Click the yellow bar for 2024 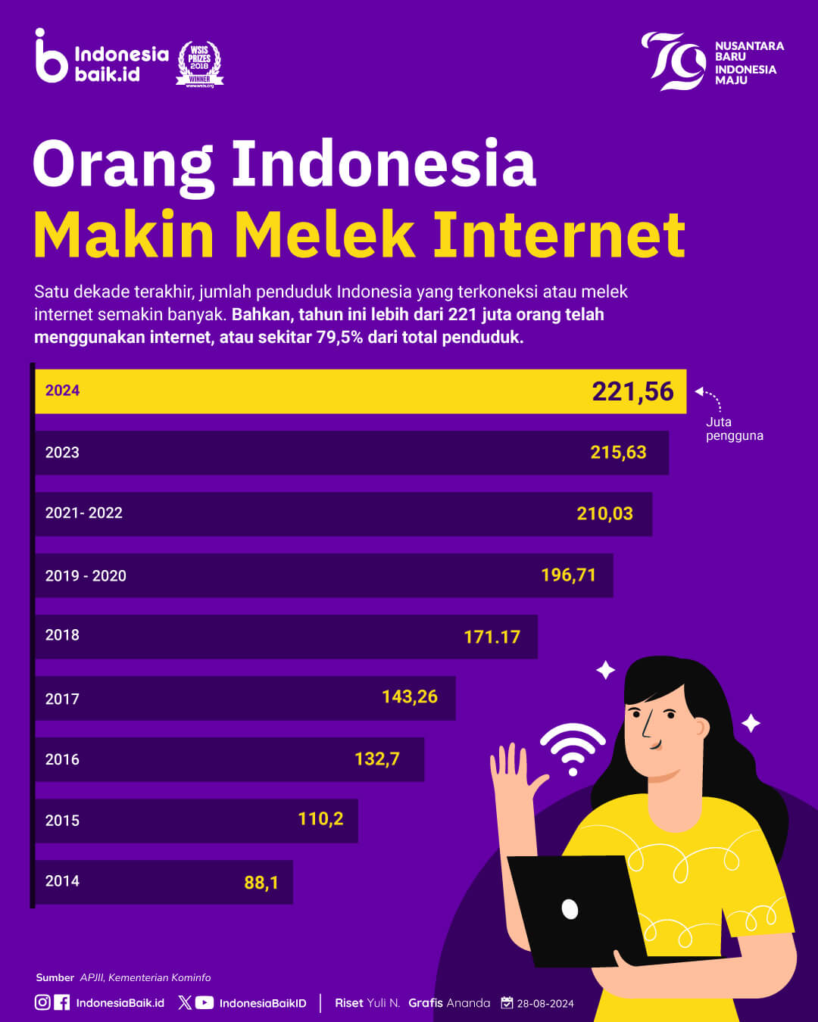[361, 391]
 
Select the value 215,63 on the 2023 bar [618, 453]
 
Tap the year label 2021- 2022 [83, 513]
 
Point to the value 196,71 [569, 575]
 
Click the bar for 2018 [286, 637]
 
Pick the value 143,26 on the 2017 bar [410, 696]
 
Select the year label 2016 [62, 759]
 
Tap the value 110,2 [321, 819]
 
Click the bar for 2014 [164, 882]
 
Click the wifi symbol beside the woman [573, 749]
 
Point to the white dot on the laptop [570, 909]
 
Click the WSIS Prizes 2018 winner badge [200, 64]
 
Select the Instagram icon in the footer [42, 1002]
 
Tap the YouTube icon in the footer [204, 1002]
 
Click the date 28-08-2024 [545, 1004]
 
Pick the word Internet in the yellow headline [560, 235]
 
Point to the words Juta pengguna [735, 428]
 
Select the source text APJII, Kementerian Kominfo [145, 977]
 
